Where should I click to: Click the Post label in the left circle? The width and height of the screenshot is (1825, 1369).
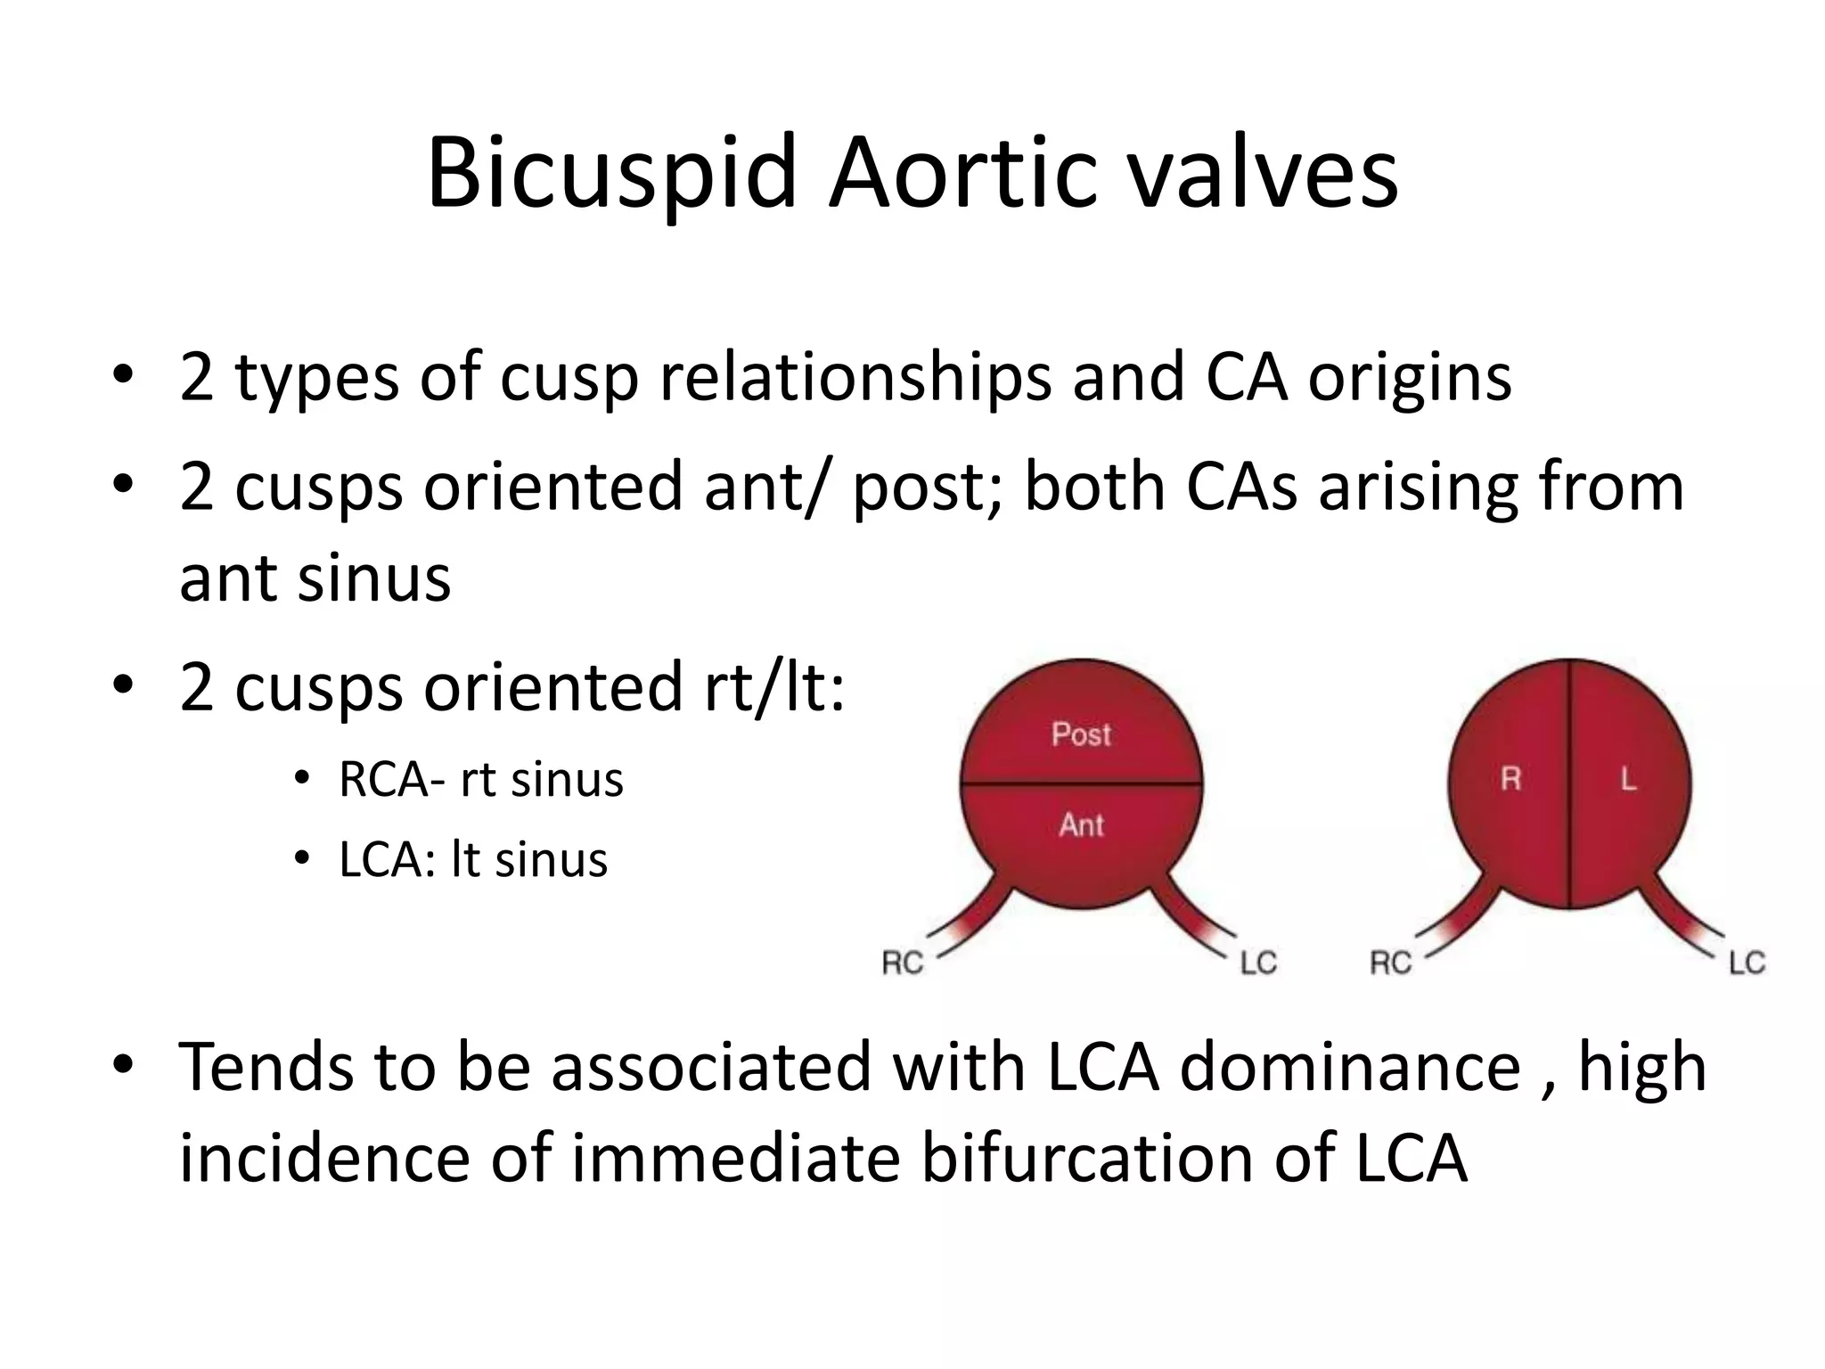point(1081,734)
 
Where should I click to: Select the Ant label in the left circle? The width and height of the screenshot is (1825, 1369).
point(1081,824)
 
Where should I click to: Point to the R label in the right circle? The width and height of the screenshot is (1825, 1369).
point(1510,780)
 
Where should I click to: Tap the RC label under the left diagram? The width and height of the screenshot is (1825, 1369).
point(903,963)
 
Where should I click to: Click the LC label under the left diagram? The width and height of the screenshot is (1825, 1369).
point(1258,963)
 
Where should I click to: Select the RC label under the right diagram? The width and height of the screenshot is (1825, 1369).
point(1391,963)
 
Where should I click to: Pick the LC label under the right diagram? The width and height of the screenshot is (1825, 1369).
point(1747,963)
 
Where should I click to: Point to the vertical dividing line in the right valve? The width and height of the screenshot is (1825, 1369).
point(1569,847)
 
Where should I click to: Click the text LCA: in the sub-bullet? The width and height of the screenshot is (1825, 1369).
point(387,860)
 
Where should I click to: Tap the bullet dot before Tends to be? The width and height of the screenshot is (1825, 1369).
point(124,1063)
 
